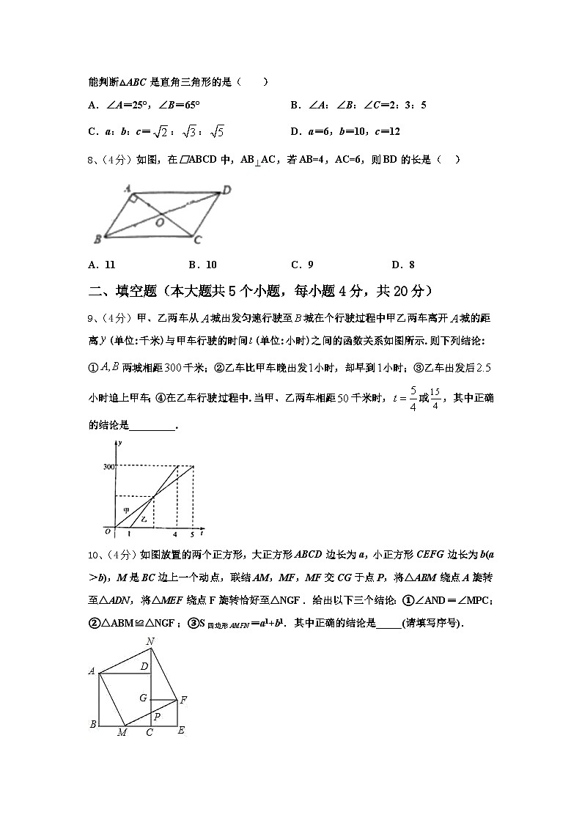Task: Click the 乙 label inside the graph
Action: click(x=144, y=519)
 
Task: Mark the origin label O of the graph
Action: click(x=107, y=531)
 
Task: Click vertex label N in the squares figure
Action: click(x=150, y=642)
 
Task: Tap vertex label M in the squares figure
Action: click(x=122, y=732)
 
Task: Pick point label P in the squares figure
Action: click(x=156, y=716)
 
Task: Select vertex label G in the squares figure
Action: click(x=144, y=698)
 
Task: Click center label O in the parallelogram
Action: click(x=159, y=223)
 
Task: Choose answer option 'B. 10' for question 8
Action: click(x=202, y=265)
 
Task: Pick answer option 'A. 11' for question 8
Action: click(x=102, y=265)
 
